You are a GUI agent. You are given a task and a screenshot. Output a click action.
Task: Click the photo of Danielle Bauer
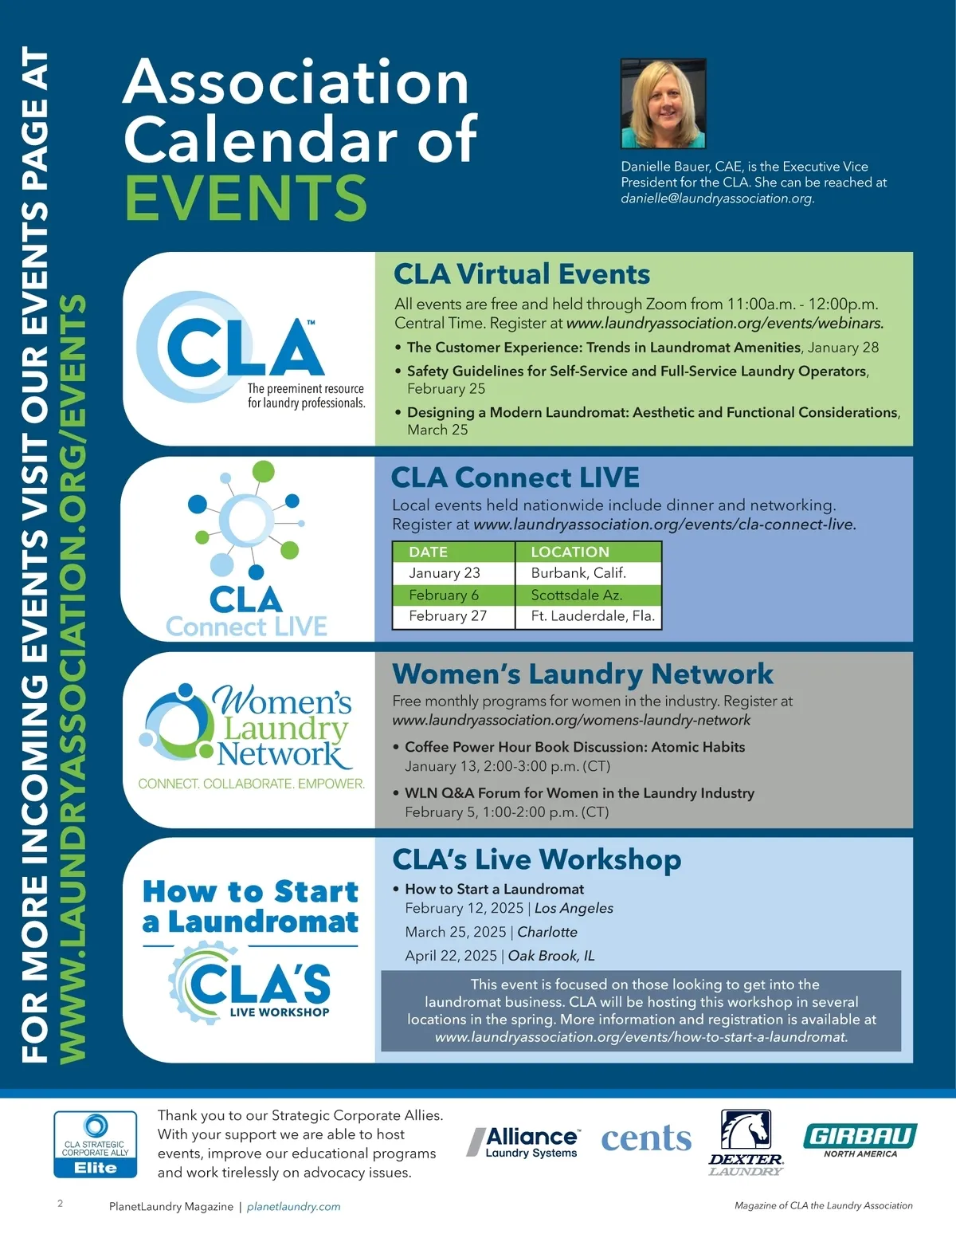[x=663, y=104]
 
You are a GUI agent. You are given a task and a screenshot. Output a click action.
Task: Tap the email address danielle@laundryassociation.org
[x=717, y=198]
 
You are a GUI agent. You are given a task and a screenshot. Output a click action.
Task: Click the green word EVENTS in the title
[x=245, y=198]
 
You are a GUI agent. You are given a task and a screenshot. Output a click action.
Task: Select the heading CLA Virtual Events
[x=522, y=274]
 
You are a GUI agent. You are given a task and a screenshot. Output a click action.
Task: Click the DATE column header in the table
[x=428, y=552]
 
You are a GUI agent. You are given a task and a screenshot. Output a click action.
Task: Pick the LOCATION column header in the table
[x=570, y=552]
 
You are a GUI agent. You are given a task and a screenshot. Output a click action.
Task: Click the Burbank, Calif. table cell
[x=578, y=573]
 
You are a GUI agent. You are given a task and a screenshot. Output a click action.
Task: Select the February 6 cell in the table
[x=444, y=595]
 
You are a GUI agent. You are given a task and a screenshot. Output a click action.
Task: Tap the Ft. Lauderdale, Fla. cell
[x=593, y=616]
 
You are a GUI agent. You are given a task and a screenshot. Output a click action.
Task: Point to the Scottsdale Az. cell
[x=577, y=595]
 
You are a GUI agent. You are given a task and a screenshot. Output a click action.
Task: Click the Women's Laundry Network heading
[x=582, y=674]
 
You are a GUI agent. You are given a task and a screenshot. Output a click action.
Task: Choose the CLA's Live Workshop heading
[x=537, y=859]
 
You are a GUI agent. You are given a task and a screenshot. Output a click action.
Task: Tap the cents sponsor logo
[x=646, y=1139]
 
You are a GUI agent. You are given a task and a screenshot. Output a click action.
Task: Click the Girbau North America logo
[x=860, y=1140]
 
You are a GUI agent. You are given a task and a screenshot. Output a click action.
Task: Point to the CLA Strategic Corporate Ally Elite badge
[x=95, y=1145]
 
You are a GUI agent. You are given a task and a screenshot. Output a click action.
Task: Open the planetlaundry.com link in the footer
[x=293, y=1207]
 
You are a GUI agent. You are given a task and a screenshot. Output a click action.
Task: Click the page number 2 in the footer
[x=61, y=1204]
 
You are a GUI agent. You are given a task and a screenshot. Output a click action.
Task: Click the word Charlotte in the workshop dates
[x=547, y=932]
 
